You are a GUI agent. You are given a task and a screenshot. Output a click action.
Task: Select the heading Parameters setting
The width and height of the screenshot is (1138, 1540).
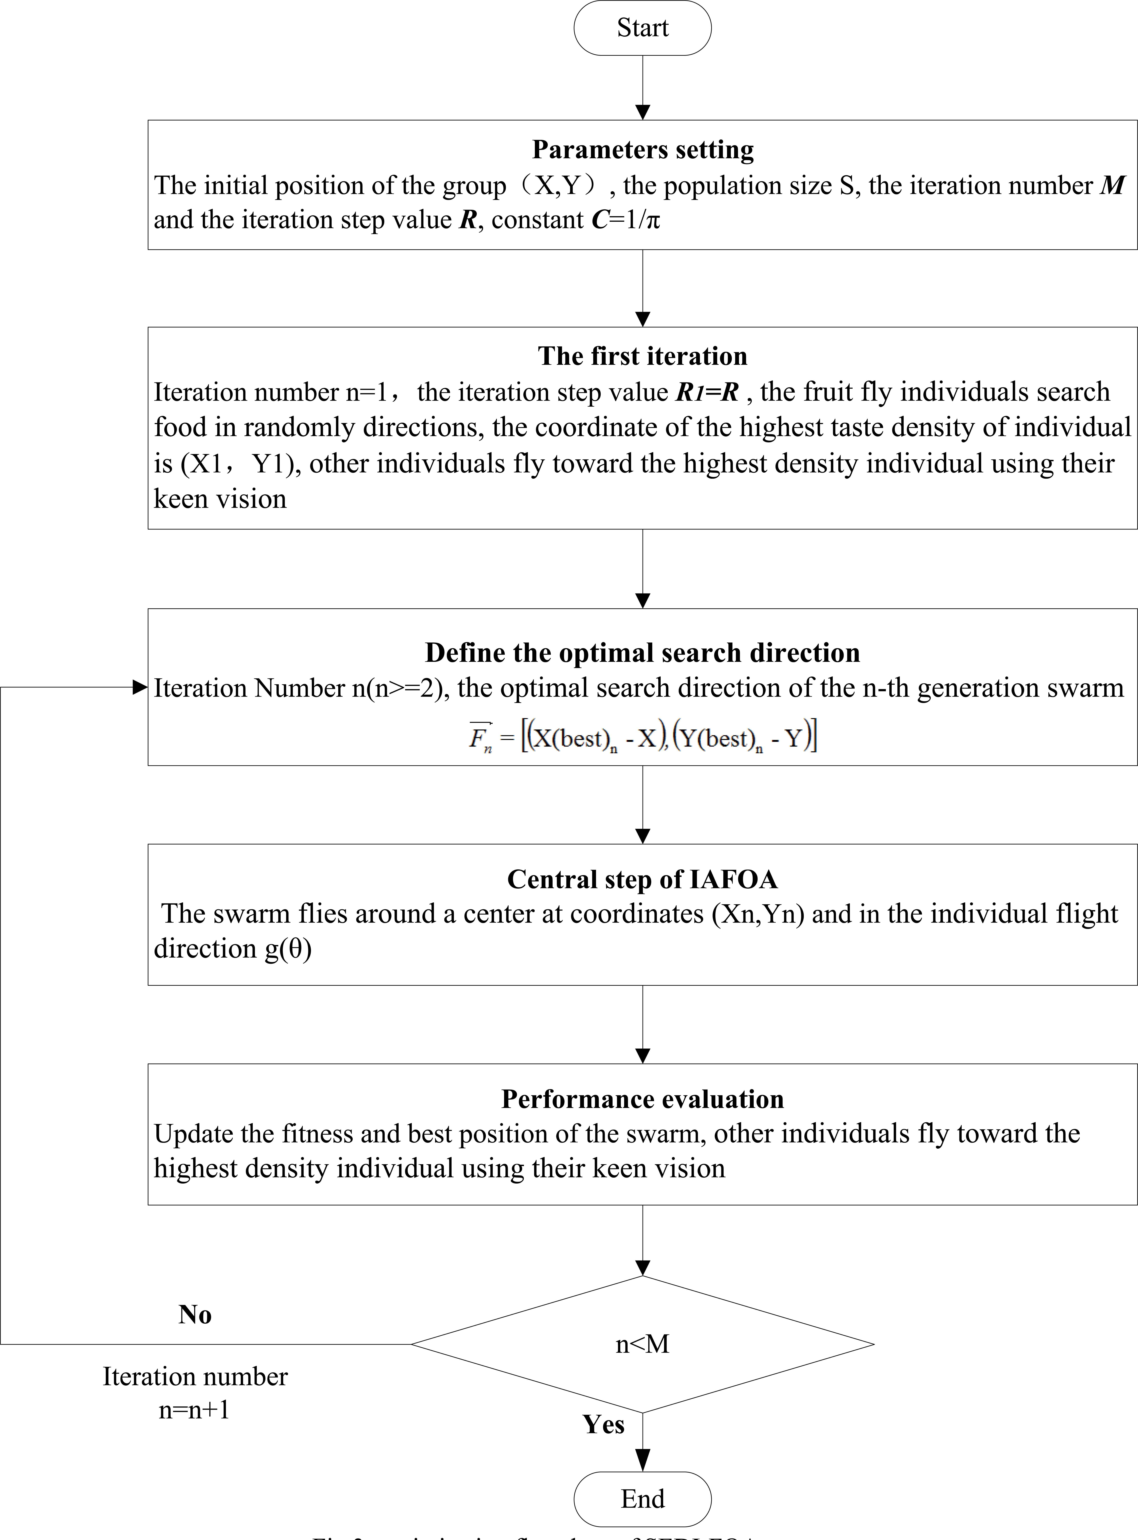pos(642,150)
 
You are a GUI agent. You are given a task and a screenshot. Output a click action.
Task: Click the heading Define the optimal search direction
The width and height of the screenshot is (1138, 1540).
pos(642,652)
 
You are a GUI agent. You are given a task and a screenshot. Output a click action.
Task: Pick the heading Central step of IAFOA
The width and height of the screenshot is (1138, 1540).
pos(642,880)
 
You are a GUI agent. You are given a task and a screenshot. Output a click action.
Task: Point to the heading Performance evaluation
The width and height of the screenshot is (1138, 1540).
pos(642,1099)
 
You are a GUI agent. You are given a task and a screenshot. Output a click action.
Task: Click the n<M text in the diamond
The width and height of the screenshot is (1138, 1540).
pos(642,1344)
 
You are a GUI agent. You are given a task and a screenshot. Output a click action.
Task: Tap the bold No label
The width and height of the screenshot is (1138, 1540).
pos(195,1314)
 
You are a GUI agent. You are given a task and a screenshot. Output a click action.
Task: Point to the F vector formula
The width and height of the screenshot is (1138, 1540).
pos(642,738)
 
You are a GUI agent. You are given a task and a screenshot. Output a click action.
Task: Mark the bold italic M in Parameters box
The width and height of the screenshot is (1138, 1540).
pos(1113,185)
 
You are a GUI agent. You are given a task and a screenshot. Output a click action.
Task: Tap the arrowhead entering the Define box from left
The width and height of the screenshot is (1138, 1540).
pos(140,687)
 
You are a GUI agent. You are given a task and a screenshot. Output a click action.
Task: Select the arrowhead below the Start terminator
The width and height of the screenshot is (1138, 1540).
pos(642,112)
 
